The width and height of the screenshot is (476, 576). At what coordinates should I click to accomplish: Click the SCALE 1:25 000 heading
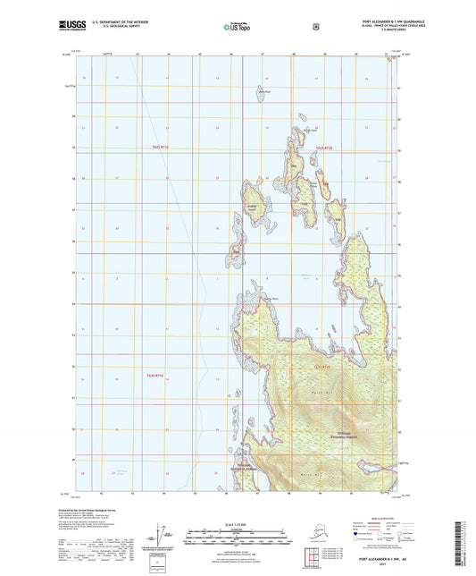(238, 523)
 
